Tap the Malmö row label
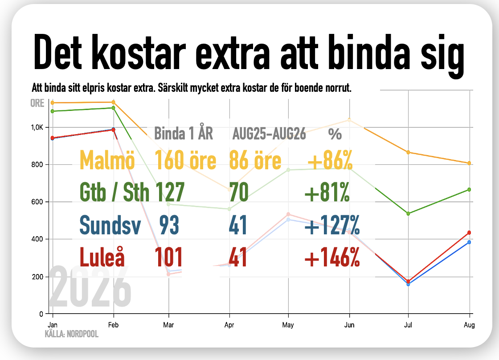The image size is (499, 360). pos(107,160)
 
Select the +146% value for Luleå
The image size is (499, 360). pos(332,257)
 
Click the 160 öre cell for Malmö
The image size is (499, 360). pos(185,160)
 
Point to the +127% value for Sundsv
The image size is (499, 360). pos(332,225)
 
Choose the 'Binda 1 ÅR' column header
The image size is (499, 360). pos(183,133)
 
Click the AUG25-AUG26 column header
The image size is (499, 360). pos(269,134)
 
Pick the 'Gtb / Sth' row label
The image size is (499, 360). pos(114,192)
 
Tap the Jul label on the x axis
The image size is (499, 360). pos(408,325)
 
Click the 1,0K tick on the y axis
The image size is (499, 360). pos(37,127)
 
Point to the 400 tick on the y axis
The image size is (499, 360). pos(37,239)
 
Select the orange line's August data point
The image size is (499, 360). pos(469,163)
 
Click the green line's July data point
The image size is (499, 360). pos(408,213)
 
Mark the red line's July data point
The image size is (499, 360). pos(408,282)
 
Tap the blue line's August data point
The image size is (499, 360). pos(469,242)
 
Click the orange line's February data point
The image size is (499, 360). pos(113,102)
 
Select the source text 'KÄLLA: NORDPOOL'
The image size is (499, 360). pos(72,334)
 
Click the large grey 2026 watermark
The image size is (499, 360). pos(90,286)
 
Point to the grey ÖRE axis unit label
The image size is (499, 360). pos(37,103)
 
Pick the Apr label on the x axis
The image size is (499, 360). pos(229,325)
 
